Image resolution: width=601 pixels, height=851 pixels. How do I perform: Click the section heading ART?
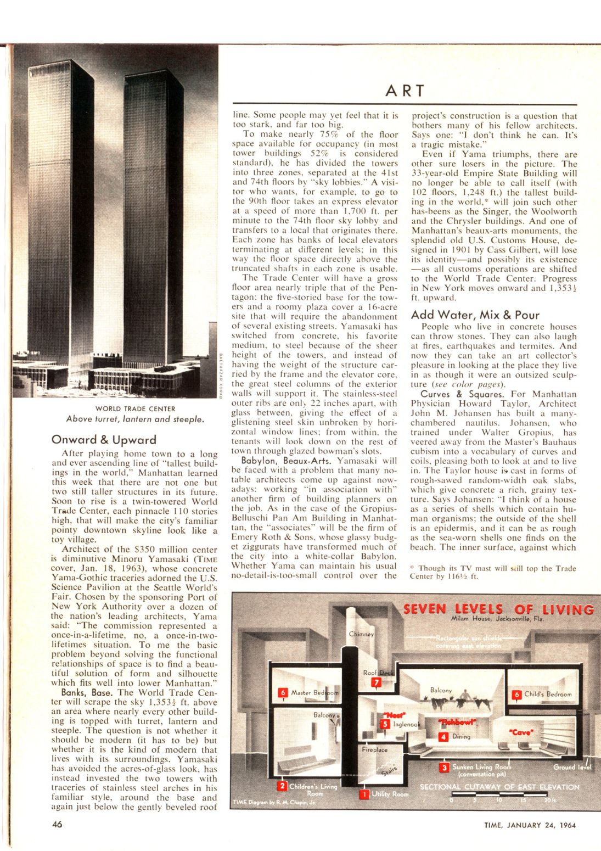(406, 91)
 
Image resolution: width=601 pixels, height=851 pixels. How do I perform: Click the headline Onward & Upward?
(104, 440)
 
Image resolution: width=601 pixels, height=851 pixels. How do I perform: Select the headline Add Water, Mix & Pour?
(475, 315)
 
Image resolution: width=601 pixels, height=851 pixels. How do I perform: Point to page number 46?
(57, 824)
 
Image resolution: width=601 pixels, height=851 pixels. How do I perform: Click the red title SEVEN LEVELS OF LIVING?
(498, 609)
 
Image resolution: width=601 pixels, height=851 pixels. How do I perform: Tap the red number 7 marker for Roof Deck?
(376, 682)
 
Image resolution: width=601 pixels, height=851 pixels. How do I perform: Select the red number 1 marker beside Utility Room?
(364, 793)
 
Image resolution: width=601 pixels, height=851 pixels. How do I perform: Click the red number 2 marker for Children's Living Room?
(282, 786)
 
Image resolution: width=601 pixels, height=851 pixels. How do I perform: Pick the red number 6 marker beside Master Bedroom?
(283, 693)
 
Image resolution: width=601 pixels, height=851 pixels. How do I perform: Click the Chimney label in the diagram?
(361, 634)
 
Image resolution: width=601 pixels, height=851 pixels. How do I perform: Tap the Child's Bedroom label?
(547, 694)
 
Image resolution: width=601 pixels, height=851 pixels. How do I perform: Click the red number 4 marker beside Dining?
(444, 737)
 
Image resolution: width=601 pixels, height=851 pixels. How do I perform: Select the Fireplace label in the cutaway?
(375, 749)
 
